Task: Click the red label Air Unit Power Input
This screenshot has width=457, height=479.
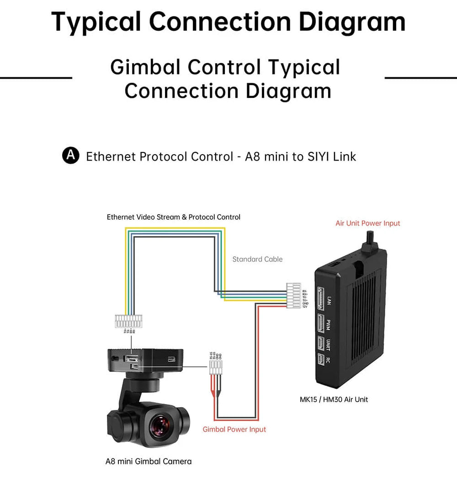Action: (x=367, y=223)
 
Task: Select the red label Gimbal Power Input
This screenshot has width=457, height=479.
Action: (x=234, y=429)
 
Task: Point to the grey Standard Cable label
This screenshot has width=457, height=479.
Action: (x=257, y=259)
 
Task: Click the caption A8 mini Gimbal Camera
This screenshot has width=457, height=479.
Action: (x=149, y=461)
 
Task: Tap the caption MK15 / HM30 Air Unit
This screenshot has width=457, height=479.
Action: (x=334, y=399)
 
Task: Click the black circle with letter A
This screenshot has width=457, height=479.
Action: (x=70, y=156)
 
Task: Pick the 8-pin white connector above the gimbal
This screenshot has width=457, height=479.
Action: (x=130, y=321)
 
